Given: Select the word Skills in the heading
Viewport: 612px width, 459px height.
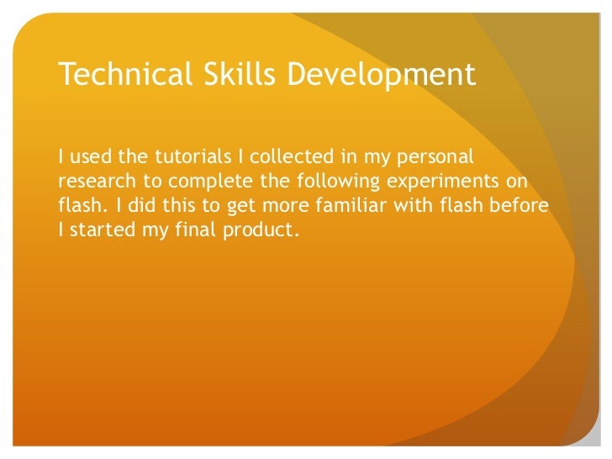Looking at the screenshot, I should (x=227, y=75).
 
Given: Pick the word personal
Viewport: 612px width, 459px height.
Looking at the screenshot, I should (x=431, y=157).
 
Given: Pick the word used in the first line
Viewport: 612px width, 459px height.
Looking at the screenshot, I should (x=88, y=156).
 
